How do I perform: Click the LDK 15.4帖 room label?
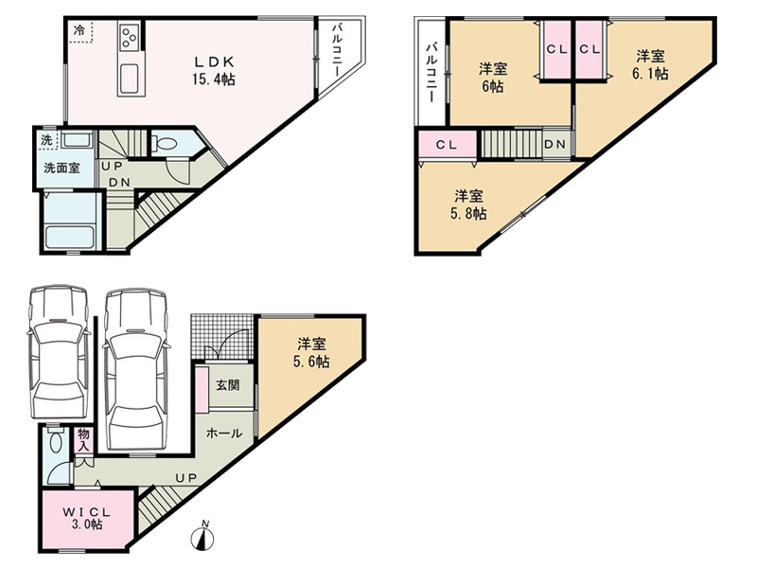coord(214,70)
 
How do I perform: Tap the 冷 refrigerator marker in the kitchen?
coord(79,30)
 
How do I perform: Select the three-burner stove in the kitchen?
coord(129,37)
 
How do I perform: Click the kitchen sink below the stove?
coord(129,79)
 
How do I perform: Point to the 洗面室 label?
coord(62,169)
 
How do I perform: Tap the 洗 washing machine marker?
coord(46,140)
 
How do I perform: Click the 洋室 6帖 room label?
coord(492,78)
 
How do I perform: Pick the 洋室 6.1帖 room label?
coord(650,64)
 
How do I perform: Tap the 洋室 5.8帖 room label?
coord(468,204)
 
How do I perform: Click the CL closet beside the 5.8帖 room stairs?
coord(447,145)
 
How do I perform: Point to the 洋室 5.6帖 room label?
coord(311,352)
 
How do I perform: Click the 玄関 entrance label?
coord(227,385)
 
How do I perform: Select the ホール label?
coord(224,433)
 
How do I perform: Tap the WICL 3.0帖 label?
coord(87,518)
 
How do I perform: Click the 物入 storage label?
coord(84,440)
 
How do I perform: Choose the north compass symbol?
coord(204,535)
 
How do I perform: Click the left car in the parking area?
coord(59,351)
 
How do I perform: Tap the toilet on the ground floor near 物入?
coord(56,441)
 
